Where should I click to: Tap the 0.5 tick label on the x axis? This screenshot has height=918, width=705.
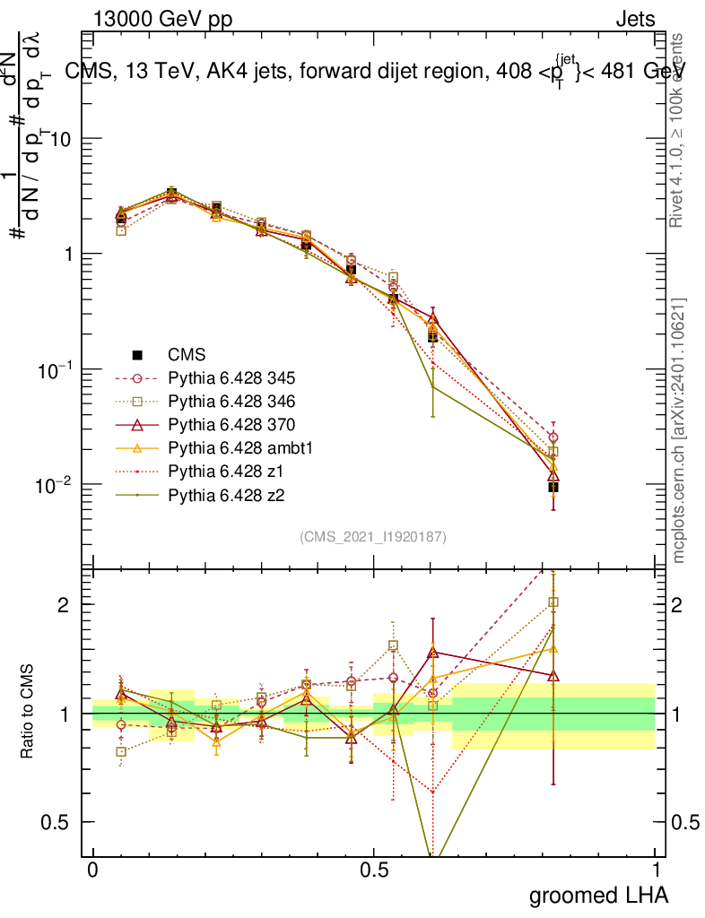click(x=374, y=870)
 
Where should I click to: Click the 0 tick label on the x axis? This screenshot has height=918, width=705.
click(x=92, y=870)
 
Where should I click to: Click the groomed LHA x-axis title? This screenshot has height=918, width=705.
click(x=599, y=895)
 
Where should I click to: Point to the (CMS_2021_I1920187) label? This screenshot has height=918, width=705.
click(x=373, y=536)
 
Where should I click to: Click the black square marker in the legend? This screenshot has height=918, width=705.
click(x=138, y=354)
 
